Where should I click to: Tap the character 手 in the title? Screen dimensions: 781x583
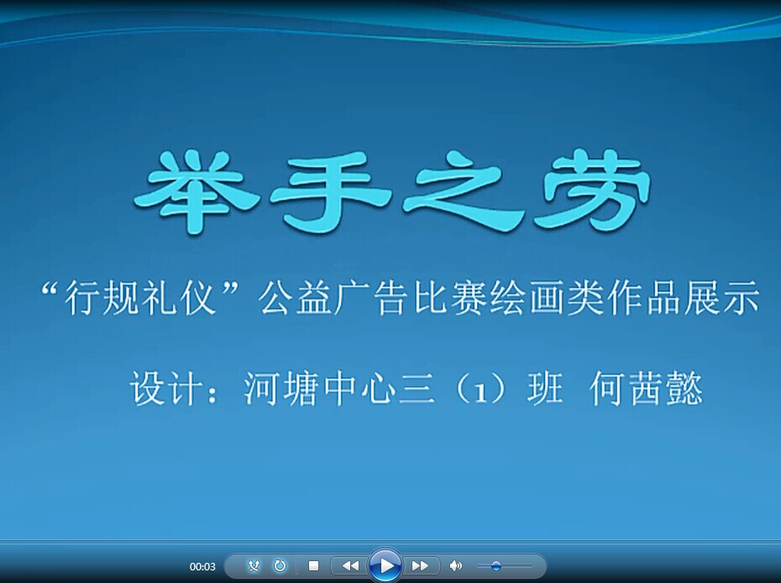(328, 192)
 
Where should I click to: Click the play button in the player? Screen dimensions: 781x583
(385, 565)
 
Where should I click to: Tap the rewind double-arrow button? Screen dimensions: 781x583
(351, 565)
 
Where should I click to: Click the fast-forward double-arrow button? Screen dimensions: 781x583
(420, 565)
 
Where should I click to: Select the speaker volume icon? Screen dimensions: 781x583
(455, 565)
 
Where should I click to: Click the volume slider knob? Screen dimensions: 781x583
(495, 565)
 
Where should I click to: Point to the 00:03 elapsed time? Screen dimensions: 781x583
(202, 566)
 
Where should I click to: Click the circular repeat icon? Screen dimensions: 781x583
(280, 565)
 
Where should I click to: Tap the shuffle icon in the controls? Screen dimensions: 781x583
(254, 565)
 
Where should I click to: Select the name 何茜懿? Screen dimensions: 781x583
(646, 389)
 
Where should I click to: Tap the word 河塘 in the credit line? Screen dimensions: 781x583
(281, 389)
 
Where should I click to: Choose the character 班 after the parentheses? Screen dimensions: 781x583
(545, 389)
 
